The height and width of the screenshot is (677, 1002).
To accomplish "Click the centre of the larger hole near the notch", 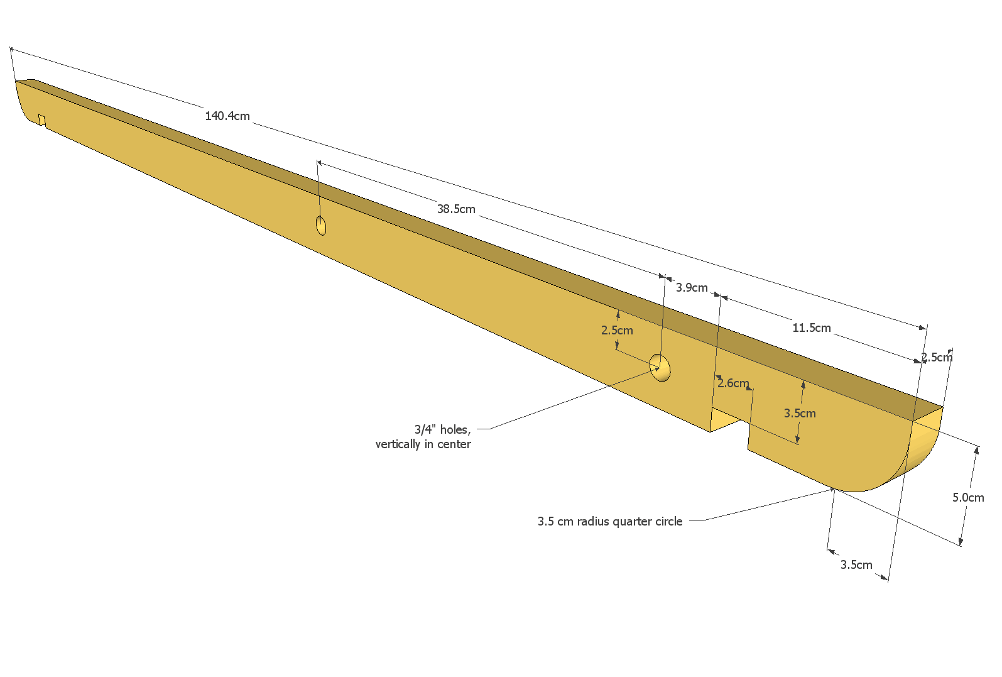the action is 660,367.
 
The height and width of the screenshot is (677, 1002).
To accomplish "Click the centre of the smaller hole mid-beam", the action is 321,225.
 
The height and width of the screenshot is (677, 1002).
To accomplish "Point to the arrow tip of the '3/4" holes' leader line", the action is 660,368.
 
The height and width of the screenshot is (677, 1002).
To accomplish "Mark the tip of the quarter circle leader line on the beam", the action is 835,489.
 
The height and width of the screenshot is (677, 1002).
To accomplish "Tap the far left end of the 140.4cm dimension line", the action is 10,47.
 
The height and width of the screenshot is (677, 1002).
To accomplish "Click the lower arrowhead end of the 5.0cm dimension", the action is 961,545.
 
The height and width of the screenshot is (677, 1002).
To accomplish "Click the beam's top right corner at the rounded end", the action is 943,407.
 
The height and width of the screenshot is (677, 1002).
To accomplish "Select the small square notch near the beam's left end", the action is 41,121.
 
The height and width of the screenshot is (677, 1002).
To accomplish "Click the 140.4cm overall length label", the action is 227,116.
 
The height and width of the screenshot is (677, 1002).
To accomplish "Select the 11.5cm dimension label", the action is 812,328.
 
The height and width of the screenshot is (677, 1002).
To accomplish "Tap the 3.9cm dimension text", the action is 692,288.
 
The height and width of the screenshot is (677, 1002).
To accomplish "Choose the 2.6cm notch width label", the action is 733,383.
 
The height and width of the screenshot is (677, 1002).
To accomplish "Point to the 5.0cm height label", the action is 968,498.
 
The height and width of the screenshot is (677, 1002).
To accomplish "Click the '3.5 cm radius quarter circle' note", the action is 610,522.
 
